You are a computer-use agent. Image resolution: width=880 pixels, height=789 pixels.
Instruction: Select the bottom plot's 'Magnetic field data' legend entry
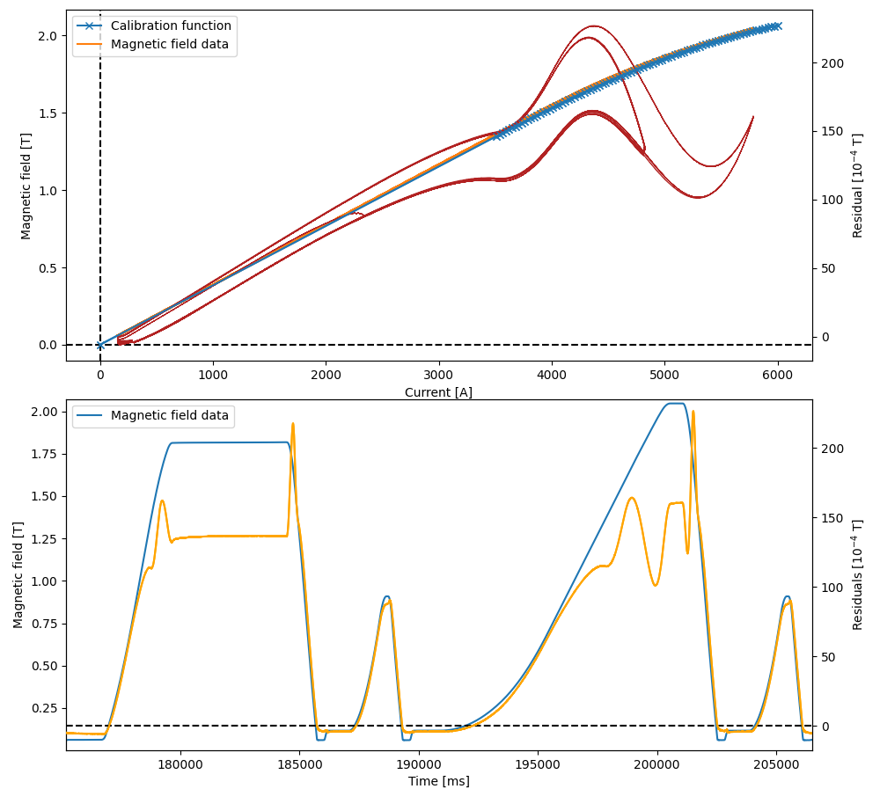(169, 416)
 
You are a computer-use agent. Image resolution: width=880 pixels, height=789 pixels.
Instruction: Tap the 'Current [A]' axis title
(438, 392)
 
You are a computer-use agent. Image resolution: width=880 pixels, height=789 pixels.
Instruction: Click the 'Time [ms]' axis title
(438, 781)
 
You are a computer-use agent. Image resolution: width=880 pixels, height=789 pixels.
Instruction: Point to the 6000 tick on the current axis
(777, 374)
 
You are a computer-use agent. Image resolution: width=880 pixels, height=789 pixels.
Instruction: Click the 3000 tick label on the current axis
(438, 374)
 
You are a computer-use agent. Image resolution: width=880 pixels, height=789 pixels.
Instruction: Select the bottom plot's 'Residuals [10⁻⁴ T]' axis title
(858, 574)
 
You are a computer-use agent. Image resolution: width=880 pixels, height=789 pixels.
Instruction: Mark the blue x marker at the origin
(100, 345)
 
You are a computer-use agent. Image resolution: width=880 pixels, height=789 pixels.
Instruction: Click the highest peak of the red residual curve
(593, 26)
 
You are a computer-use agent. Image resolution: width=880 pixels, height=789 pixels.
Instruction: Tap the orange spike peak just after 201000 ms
(693, 412)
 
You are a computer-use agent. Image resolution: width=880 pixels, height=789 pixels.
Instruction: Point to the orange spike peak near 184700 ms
(292, 424)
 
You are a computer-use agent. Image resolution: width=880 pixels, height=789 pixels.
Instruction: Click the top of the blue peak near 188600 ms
(386, 596)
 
